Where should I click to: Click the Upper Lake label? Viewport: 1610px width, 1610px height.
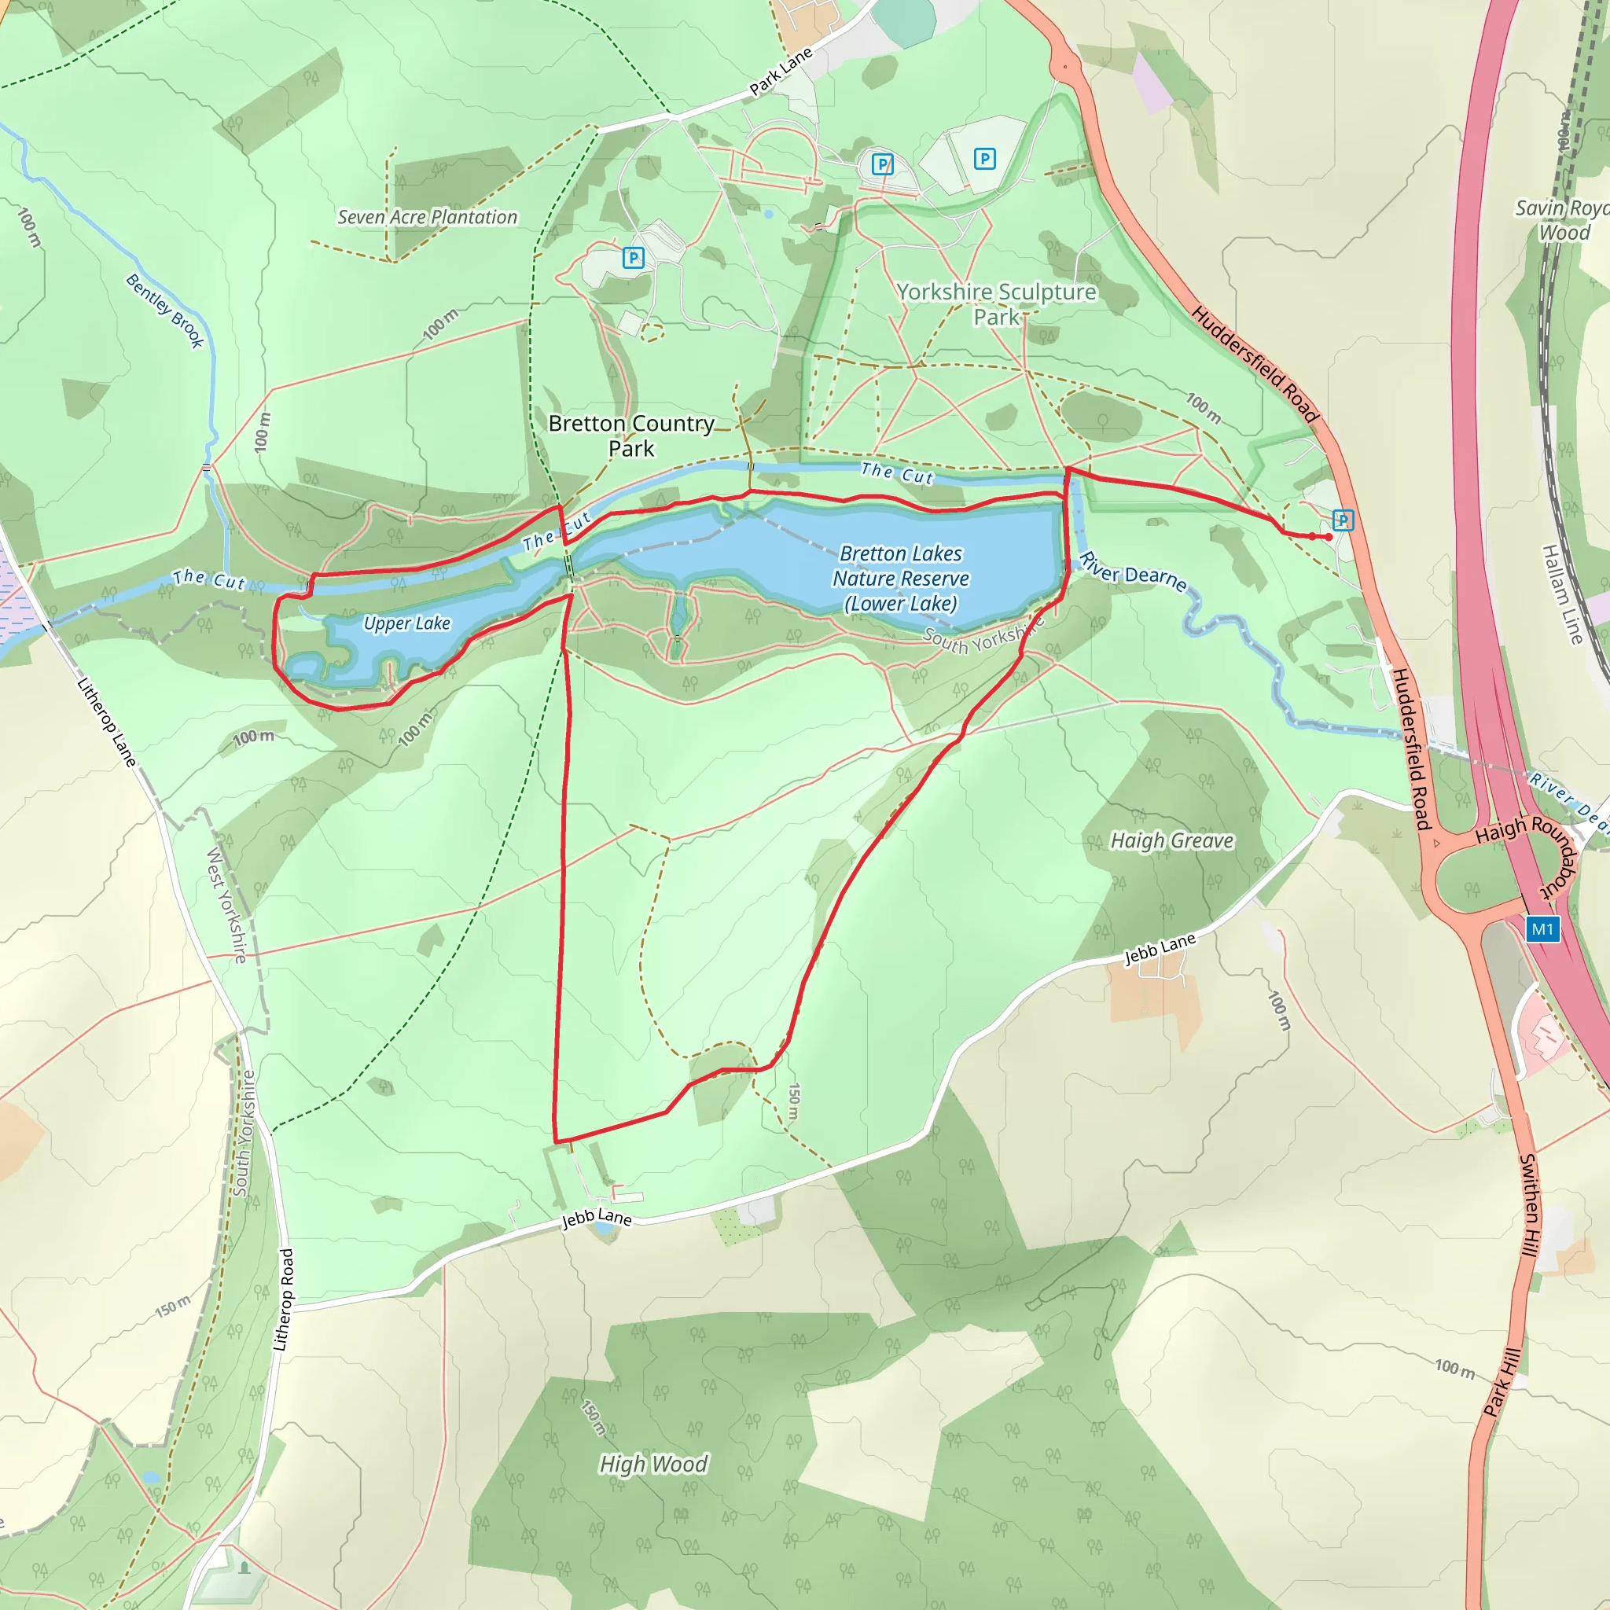[x=406, y=623]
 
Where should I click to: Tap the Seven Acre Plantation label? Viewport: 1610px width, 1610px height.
[x=427, y=218]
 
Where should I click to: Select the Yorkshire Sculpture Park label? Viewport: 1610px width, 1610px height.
[x=996, y=304]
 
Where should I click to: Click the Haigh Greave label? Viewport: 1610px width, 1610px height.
[x=1171, y=841]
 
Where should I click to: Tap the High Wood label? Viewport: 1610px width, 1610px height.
[x=653, y=1463]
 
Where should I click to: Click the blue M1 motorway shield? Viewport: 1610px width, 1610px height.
[x=1542, y=929]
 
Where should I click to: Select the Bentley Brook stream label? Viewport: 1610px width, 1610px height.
[x=165, y=310]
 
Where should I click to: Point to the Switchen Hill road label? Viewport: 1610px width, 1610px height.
[x=1529, y=1206]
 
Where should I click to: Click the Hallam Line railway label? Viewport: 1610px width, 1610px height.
[x=1562, y=594]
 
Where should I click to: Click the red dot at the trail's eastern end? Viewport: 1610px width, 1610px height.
[x=1329, y=537]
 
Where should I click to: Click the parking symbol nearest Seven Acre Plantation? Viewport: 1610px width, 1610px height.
[x=633, y=259]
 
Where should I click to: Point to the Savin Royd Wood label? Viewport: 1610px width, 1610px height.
[x=1563, y=220]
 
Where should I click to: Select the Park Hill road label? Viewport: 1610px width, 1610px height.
[x=1502, y=1383]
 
